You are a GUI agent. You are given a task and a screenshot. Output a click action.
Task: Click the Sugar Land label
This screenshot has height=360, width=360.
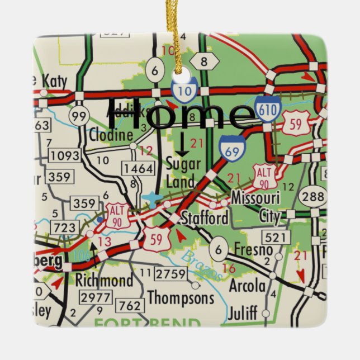(181, 172)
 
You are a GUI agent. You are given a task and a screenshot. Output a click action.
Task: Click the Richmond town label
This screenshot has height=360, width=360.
(105, 280)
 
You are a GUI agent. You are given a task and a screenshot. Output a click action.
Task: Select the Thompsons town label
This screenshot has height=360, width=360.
(181, 297)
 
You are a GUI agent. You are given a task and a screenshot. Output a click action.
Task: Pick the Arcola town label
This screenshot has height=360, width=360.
(248, 286)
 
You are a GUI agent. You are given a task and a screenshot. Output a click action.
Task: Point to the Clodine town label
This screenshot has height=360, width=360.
(111, 135)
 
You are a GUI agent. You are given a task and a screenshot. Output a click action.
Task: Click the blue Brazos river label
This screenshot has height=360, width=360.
(205, 264)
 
